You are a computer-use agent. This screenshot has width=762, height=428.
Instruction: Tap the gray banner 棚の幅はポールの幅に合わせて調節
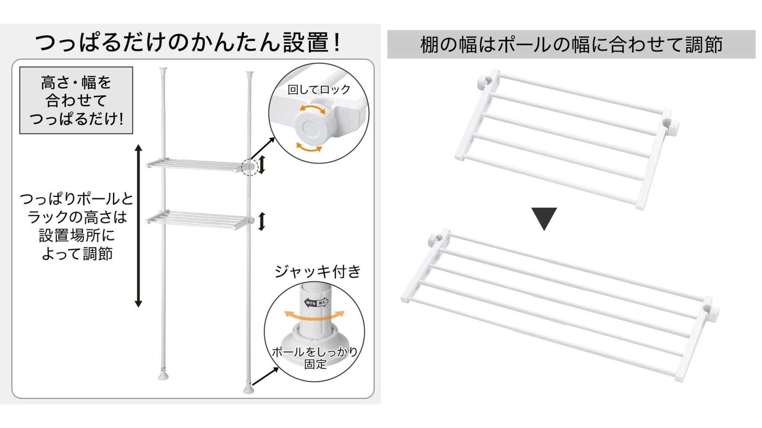(x=571, y=44)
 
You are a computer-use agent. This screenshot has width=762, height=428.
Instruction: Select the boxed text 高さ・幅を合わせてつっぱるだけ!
(x=76, y=100)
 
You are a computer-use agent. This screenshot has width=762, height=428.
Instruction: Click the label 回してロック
(x=319, y=90)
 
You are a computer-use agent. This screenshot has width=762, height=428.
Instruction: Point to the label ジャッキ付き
(x=317, y=271)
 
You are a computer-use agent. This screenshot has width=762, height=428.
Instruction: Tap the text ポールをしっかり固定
(x=315, y=357)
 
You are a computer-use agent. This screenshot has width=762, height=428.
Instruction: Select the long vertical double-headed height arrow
(x=138, y=226)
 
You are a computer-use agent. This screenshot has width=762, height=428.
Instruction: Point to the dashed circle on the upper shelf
(x=249, y=167)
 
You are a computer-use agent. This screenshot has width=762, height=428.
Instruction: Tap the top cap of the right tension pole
(x=249, y=75)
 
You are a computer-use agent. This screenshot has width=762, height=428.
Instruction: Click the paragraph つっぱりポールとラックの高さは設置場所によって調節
(x=77, y=226)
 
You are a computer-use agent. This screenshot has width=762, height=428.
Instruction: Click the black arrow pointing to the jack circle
(x=265, y=376)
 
